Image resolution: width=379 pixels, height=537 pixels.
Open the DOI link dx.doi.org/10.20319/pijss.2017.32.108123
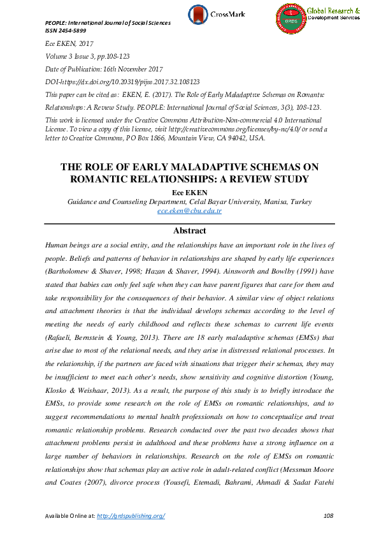click(x=130, y=82)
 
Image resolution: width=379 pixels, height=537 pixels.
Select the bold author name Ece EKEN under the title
click(x=189, y=191)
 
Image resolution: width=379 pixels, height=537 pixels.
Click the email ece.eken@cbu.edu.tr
click(x=189, y=210)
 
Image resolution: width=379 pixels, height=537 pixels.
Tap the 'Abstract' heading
click(x=189, y=230)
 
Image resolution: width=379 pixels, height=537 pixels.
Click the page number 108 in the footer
click(x=328, y=515)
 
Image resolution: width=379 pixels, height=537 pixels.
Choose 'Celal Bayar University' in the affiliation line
click(x=217, y=202)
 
